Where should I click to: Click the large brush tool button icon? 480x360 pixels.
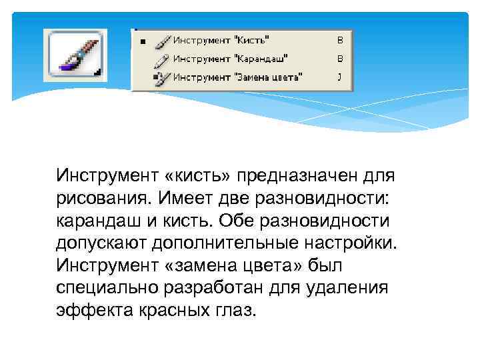pyautogui.click(x=75, y=55)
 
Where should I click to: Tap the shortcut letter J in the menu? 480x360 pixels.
pyautogui.click(x=339, y=77)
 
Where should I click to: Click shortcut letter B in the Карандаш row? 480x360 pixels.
pyautogui.click(x=339, y=59)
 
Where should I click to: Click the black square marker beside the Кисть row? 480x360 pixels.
pyautogui.click(x=141, y=41)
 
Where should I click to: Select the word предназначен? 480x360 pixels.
pyautogui.click(x=303, y=176)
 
